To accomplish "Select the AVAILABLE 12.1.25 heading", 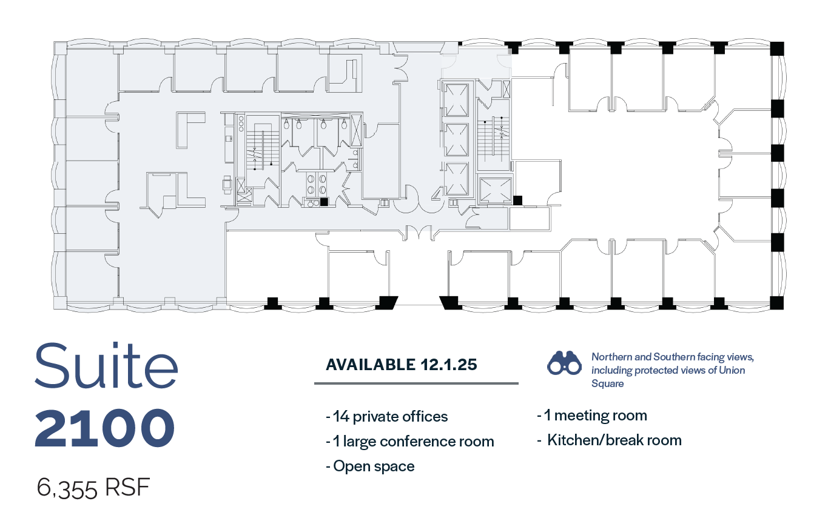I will coord(402,365).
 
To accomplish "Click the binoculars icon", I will coord(565,362).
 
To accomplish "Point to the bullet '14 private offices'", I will coord(387,417).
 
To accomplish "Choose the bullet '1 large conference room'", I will coord(410,442).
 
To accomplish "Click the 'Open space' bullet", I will coord(371,466).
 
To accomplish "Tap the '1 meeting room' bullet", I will coord(592,416).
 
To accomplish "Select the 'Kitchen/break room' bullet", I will coord(610,440).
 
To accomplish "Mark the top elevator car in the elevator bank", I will coord(456,98).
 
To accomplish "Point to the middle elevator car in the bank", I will coord(456,139).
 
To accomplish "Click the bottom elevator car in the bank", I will coord(456,179).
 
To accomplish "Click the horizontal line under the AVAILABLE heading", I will coord(416,383).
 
